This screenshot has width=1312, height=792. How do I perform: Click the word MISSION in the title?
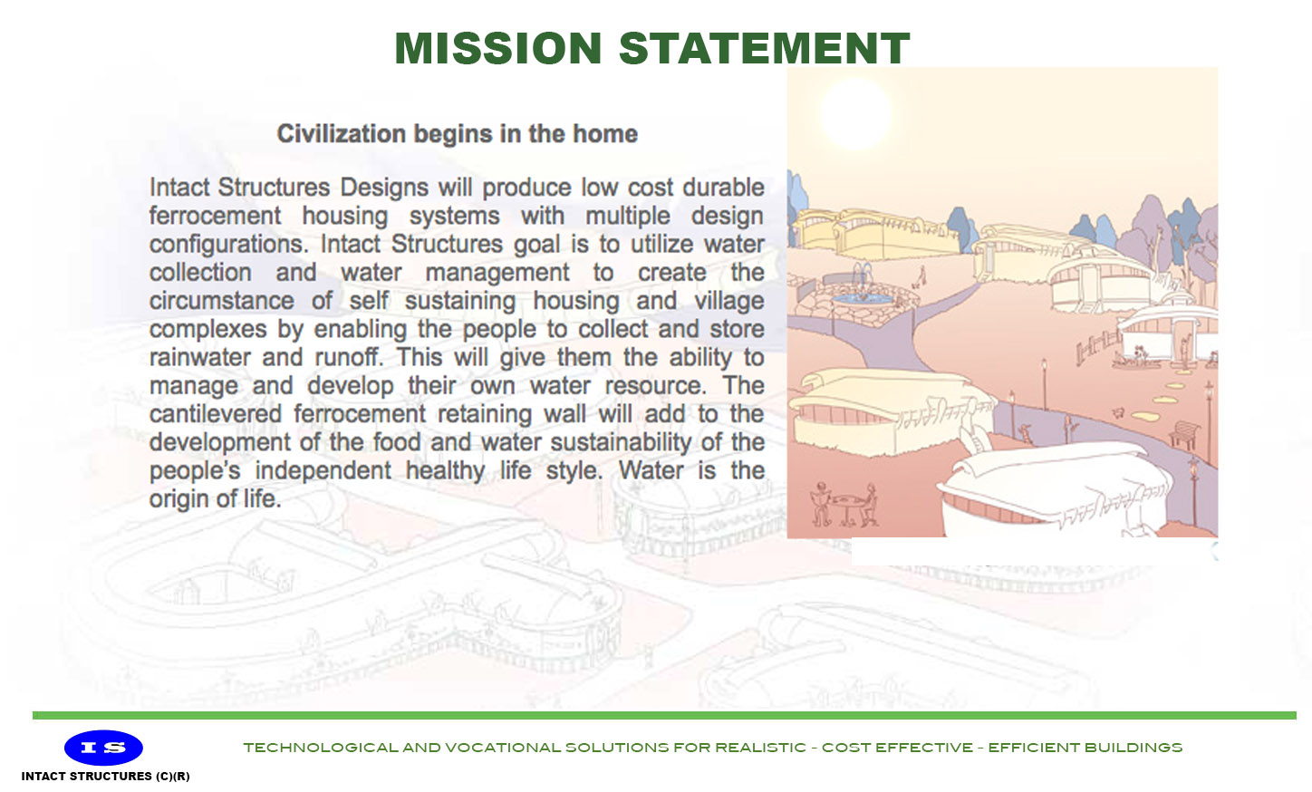(498, 49)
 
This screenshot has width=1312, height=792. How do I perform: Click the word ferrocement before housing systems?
(215, 216)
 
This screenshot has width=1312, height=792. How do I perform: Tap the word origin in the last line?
(178, 498)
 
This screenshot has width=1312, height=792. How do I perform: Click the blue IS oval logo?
(103, 748)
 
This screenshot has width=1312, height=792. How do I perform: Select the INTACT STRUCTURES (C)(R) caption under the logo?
(105, 777)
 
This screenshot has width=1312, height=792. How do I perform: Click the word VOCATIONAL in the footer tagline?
(503, 748)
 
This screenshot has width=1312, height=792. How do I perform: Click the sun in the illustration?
(855, 113)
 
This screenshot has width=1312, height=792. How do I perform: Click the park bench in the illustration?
(1182, 433)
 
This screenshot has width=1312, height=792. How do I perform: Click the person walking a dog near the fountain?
(921, 276)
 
